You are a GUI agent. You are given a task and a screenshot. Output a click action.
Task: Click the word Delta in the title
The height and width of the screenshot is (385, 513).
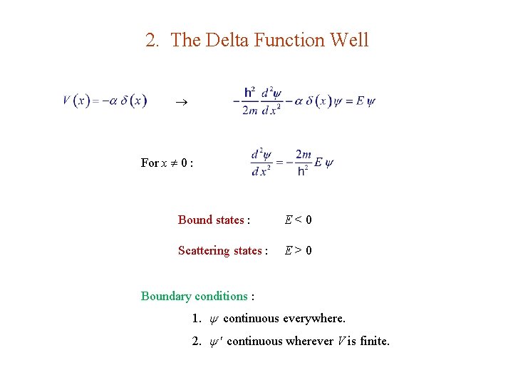click(225, 41)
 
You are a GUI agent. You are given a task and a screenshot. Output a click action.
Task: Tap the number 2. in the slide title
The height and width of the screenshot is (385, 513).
click(152, 41)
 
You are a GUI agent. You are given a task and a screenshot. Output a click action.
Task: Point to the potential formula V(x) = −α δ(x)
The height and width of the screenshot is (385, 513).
click(105, 101)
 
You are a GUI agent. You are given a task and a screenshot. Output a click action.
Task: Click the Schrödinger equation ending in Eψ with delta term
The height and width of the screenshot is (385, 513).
click(304, 101)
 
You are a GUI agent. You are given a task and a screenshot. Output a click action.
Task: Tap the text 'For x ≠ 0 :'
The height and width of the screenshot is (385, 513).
click(167, 163)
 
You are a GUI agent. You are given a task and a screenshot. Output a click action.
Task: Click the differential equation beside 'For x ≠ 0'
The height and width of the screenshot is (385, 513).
click(292, 163)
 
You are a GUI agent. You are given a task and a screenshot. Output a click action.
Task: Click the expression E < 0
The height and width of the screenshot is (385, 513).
click(298, 220)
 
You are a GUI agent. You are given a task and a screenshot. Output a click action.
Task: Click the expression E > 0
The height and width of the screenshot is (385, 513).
click(298, 250)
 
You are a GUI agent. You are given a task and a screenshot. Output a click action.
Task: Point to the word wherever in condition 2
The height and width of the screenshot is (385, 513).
click(310, 341)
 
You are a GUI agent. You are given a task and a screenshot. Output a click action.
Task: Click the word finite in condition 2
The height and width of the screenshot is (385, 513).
click(374, 341)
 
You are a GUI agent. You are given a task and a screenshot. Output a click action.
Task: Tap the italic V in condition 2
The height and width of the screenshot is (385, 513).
click(341, 341)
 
